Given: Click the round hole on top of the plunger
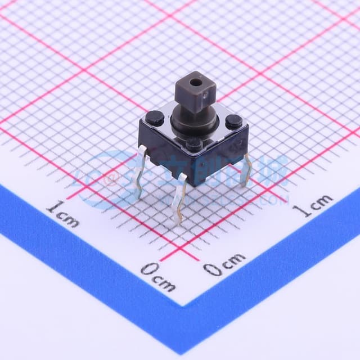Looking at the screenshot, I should tap(195, 82).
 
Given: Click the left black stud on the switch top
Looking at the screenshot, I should tap(155, 118).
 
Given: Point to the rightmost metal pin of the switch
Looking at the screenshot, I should tap(245, 169).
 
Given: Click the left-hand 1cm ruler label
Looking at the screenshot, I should tap(62, 214).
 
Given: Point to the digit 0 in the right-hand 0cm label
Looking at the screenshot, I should tap(211, 269).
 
